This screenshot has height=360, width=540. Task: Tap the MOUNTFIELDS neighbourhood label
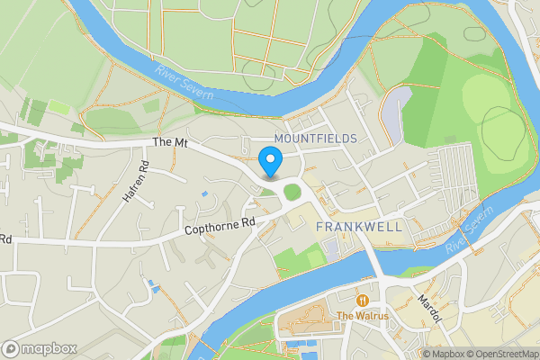click(315, 138)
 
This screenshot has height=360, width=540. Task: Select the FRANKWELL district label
click(359, 227)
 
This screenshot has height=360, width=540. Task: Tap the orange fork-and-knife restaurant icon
click(362, 300)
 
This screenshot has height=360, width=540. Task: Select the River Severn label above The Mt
click(185, 84)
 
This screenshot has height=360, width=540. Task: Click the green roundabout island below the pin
click(292, 192)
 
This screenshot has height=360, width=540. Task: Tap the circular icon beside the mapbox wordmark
click(12, 348)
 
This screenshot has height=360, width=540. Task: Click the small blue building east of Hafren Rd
click(205, 193)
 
